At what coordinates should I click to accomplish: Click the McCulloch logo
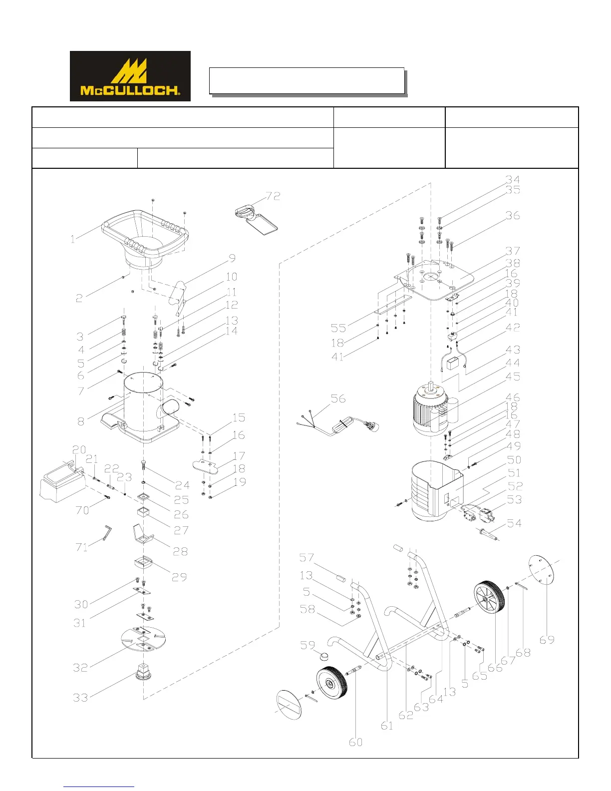(130, 76)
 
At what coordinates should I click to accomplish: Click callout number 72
(273, 196)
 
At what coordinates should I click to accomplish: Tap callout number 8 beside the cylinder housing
(81, 421)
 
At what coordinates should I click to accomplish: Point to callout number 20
(79, 450)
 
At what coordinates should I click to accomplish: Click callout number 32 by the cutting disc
(80, 668)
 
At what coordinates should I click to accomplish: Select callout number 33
(80, 698)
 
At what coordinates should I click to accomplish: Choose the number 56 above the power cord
(338, 398)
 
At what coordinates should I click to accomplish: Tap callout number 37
(513, 251)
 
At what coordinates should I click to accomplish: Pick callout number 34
(513, 179)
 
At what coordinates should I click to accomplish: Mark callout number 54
(514, 523)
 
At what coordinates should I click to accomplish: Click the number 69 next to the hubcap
(547, 640)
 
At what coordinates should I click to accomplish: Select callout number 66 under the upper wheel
(495, 668)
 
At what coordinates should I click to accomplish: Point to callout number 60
(355, 742)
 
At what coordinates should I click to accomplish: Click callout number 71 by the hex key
(82, 547)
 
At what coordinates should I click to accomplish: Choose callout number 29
(179, 577)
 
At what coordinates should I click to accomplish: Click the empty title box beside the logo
(306, 80)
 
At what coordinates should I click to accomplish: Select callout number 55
(338, 328)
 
